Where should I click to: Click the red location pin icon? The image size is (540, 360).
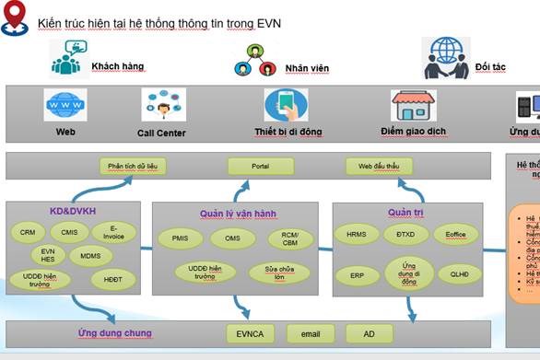(13, 19)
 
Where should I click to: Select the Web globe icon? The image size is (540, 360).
(65, 106)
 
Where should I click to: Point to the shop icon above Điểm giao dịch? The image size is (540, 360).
(413, 106)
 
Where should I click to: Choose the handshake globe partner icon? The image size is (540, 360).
(447, 58)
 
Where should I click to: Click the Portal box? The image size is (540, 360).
(260, 167)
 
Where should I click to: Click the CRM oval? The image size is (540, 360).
(28, 233)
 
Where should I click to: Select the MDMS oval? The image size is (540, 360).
(90, 255)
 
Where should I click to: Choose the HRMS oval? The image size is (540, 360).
(357, 234)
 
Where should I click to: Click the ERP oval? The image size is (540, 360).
(357, 275)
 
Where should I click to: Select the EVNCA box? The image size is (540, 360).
(251, 333)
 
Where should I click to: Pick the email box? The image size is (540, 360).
(311, 333)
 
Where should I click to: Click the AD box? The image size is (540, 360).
(369, 333)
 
